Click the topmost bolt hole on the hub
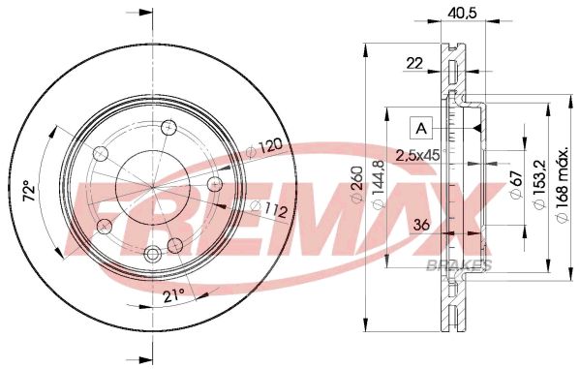click(168, 127)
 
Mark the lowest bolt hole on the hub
click(152, 254)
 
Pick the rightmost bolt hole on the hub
click(215, 184)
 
